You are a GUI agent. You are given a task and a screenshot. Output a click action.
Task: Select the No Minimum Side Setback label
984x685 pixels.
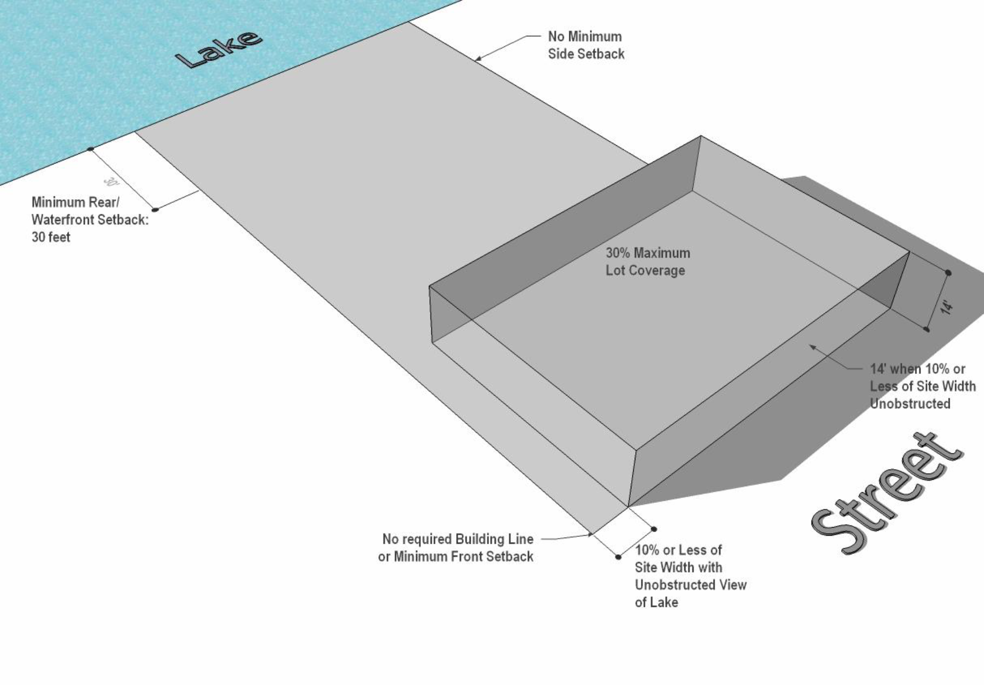click(586, 45)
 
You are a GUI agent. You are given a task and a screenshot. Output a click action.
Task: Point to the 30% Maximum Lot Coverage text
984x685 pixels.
click(648, 261)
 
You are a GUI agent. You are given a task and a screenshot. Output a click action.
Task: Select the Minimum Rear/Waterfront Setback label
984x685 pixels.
click(90, 219)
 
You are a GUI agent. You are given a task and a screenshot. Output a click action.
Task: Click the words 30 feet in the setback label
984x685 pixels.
click(51, 237)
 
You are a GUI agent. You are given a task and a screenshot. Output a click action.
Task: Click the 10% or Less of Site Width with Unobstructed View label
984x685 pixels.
click(690, 576)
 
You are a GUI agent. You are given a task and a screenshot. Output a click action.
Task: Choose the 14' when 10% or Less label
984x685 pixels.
click(922, 386)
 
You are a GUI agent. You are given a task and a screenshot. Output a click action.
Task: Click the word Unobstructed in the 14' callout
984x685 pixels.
click(910, 404)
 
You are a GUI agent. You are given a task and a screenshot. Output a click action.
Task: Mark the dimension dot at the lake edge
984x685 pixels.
click(90, 149)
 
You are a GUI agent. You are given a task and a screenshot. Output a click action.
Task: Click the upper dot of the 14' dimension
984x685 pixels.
click(948, 273)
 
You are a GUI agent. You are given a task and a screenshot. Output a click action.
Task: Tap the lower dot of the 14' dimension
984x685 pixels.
click(926, 329)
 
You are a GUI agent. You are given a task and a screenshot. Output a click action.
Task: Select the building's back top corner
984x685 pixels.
click(701, 136)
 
